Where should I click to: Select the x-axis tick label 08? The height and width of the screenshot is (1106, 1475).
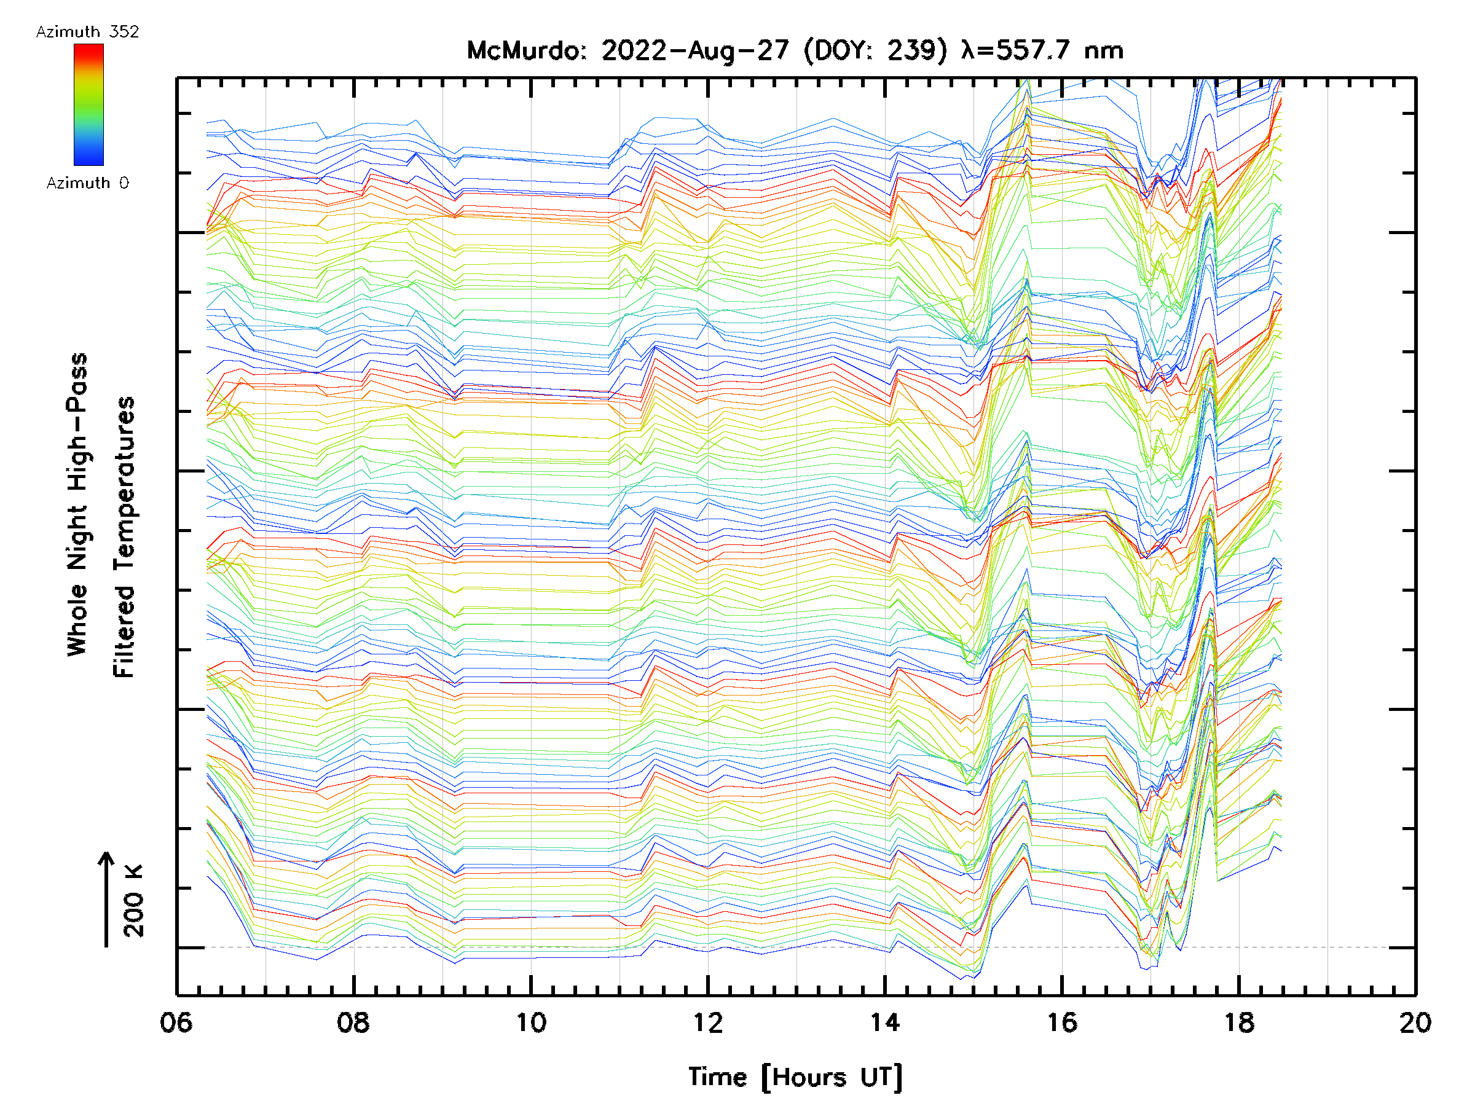pyautogui.click(x=353, y=1022)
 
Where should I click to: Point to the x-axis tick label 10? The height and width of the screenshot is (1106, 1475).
pyautogui.click(x=531, y=1022)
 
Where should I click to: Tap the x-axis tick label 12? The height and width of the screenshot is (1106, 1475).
pyautogui.click(x=707, y=1022)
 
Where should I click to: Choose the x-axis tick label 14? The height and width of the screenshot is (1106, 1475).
pyautogui.click(x=885, y=1022)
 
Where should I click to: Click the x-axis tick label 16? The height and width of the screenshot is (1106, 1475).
pyautogui.click(x=1061, y=1022)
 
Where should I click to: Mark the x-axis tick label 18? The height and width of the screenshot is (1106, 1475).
pyautogui.click(x=1239, y=1022)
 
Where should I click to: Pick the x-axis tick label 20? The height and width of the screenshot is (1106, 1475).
pyautogui.click(x=1415, y=1022)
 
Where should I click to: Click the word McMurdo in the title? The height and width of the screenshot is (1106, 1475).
pyautogui.click(x=525, y=50)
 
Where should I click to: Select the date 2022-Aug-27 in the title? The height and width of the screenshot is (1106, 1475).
pyautogui.click(x=695, y=50)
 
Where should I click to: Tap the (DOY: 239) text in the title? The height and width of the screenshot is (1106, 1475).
pyautogui.click(x=875, y=50)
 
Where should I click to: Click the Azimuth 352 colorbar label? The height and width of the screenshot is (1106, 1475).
pyautogui.click(x=87, y=32)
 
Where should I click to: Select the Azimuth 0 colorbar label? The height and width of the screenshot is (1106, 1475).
pyautogui.click(x=87, y=182)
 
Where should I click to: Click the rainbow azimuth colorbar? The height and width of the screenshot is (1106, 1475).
pyautogui.click(x=88, y=104)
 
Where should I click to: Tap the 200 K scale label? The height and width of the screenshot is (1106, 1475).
pyautogui.click(x=134, y=901)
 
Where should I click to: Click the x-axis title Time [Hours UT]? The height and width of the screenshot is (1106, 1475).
pyautogui.click(x=795, y=1077)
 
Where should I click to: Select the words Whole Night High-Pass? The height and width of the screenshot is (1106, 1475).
pyautogui.click(x=77, y=504)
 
